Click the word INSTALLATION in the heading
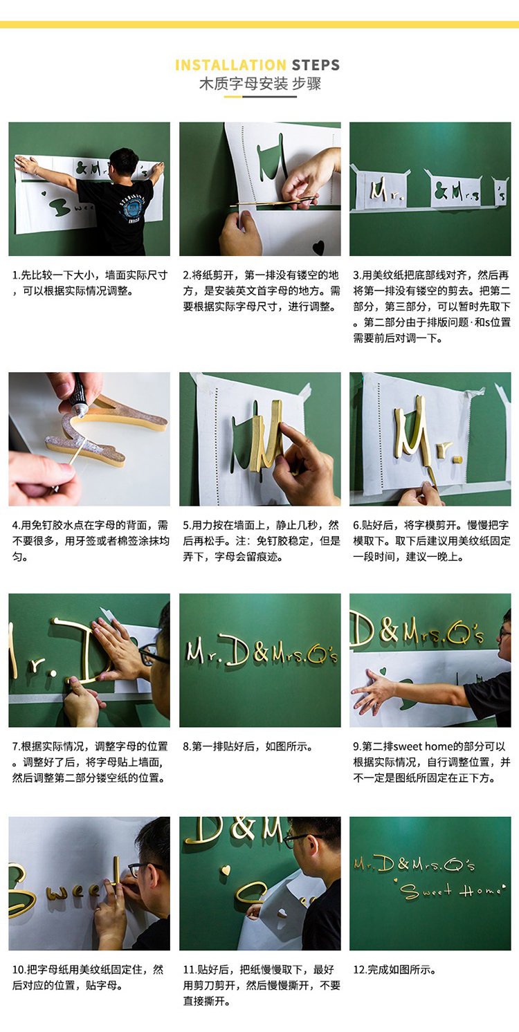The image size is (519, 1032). pos(231,65)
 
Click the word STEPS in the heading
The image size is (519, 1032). pos(316,65)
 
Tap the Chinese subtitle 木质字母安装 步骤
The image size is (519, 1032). pos(260,84)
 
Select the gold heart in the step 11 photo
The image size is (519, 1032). pos(226,870)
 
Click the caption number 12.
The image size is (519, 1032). pos(359,970)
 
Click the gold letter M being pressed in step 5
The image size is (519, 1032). pos(266,435)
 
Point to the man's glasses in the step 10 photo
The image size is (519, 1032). pos(143,869)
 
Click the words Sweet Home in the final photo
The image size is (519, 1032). pos(452,890)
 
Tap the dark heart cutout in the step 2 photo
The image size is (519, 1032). pos(318,247)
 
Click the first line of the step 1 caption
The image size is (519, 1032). pos(90,275)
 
